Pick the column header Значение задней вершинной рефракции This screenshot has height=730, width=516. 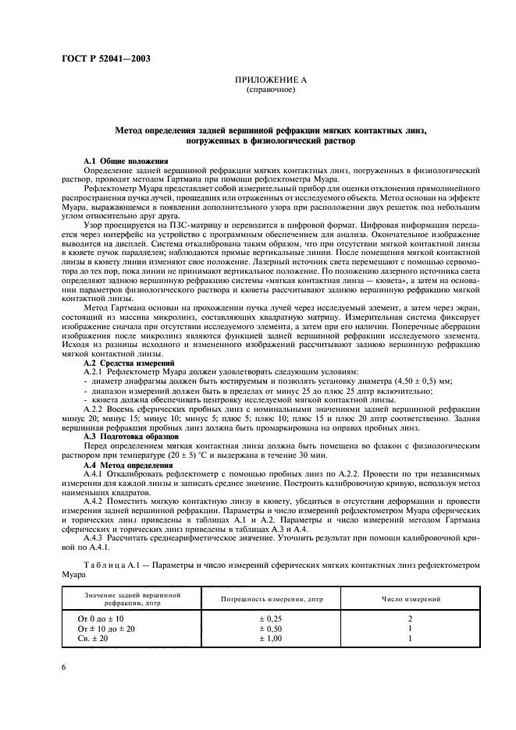click(x=124, y=599)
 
